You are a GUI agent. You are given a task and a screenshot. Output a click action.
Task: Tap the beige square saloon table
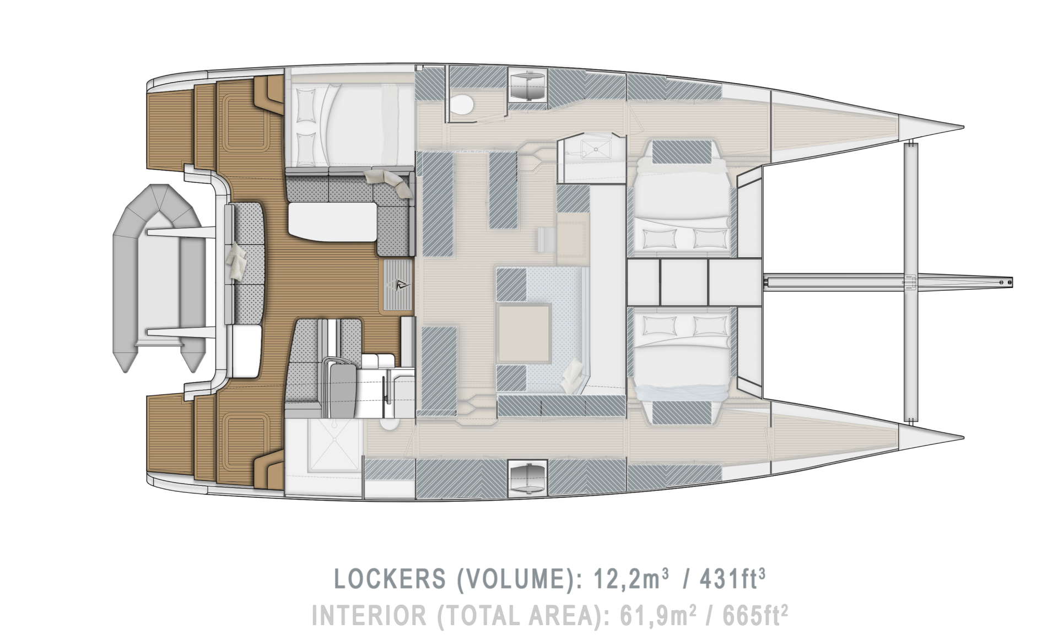[523, 334]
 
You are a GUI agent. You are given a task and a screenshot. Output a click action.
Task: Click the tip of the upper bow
[963, 126]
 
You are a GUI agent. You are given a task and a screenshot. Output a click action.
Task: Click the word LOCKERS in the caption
[390, 579]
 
